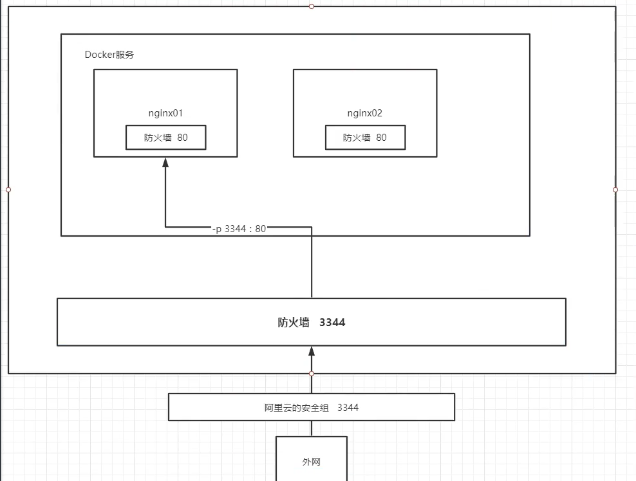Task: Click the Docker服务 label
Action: (109, 55)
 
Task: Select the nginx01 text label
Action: (165, 113)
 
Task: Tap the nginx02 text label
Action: (365, 113)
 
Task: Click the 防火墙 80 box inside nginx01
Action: (166, 137)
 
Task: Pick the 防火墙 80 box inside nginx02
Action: (365, 137)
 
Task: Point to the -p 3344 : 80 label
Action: (239, 228)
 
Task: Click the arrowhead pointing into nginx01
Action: (165, 163)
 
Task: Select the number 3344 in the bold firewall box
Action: (332, 322)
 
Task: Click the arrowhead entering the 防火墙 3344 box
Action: (312, 351)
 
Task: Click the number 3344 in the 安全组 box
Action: (348, 407)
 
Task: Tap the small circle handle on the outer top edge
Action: (312, 6)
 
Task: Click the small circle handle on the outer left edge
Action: (8, 190)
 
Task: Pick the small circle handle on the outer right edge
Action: (615, 190)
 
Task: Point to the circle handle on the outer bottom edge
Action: (312, 373)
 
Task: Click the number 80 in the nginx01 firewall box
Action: (183, 137)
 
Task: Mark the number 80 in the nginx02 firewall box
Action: (382, 137)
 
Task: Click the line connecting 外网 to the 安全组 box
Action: (312, 428)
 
